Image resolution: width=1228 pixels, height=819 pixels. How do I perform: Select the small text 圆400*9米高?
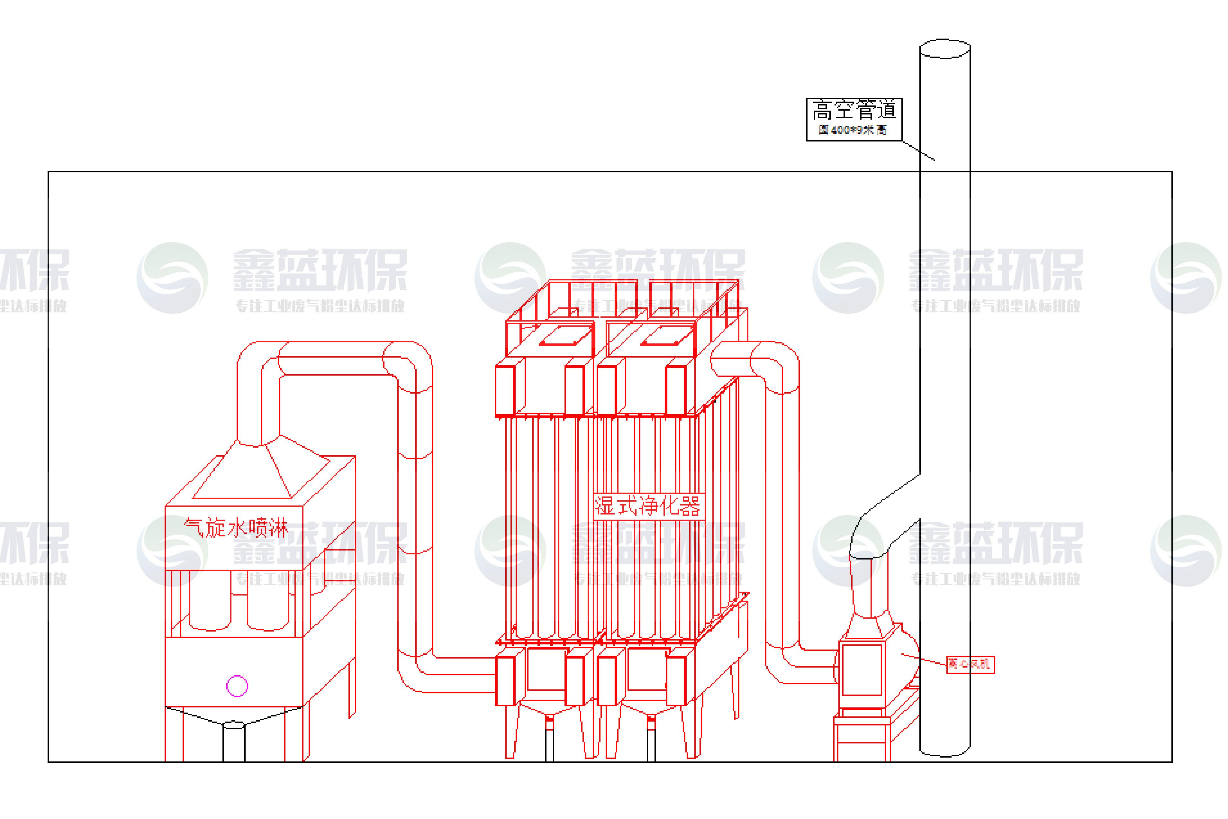[x=852, y=130]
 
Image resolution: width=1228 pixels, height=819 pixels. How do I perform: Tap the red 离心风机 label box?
[x=970, y=664]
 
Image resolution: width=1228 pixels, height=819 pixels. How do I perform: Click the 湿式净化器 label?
[x=648, y=505]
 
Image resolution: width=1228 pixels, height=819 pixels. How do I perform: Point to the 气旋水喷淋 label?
[x=235, y=528]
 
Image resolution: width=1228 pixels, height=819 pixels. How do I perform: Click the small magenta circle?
[x=237, y=686]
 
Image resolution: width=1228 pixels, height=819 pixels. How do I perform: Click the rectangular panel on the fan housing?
[x=862, y=669]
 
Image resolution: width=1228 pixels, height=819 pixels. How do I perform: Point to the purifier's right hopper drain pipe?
[x=651, y=742]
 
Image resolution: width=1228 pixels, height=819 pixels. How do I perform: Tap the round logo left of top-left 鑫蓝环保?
[x=172, y=278]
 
